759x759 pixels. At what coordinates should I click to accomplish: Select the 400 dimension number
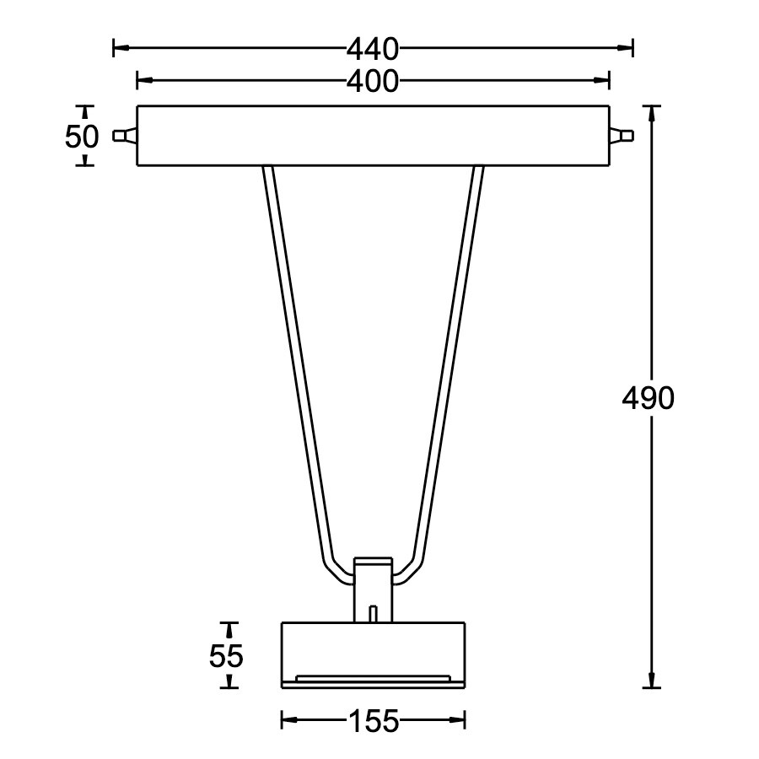[372, 81]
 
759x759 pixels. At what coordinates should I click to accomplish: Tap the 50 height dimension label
[82, 136]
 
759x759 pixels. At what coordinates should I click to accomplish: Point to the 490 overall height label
[648, 398]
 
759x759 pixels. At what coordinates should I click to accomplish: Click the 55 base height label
[226, 655]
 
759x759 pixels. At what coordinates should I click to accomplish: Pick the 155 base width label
[372, 721]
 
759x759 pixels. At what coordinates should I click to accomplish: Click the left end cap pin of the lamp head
[124, 136]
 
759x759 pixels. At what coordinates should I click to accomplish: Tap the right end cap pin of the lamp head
[621, 136]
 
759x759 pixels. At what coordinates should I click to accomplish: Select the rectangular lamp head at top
[372, 136]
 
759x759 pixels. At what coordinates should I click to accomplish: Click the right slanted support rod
[450, 363]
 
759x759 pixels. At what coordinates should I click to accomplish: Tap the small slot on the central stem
[373, 613]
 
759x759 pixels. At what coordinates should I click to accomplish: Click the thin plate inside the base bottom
[373, 677]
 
